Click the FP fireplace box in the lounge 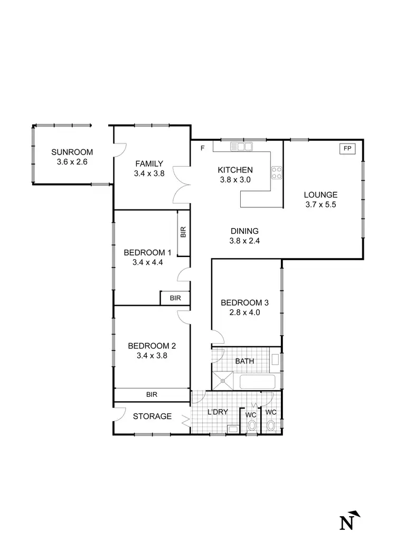[x=347, y=148]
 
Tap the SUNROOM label [x=72, y=153]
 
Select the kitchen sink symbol [x=244, y=147]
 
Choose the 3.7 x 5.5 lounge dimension [x=321, y=204]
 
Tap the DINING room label [x=244, y=231]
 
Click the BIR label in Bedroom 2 [x=152, y=394]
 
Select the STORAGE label [x=152, y=416]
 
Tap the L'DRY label [x=217, y=412]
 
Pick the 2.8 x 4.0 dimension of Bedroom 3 [x=244, y=312]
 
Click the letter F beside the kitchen [x=202, y=148]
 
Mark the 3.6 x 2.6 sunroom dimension [x=72, y=162]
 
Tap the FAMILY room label [x=148, y=164]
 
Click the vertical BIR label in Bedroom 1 [x=183, y=233]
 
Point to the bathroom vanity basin [x=275, y=360]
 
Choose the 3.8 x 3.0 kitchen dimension [x=235, y=179]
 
